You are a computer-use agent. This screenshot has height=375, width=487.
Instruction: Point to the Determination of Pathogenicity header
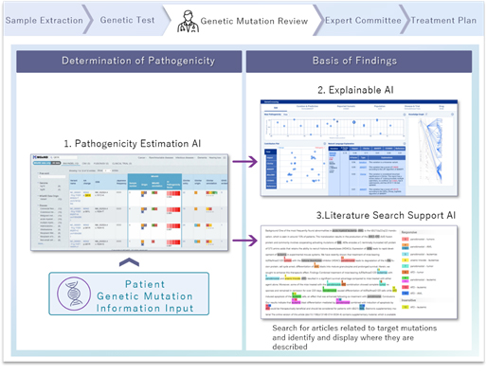point(128,62)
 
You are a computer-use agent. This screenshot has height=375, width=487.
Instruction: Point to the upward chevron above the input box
point(129,259)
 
